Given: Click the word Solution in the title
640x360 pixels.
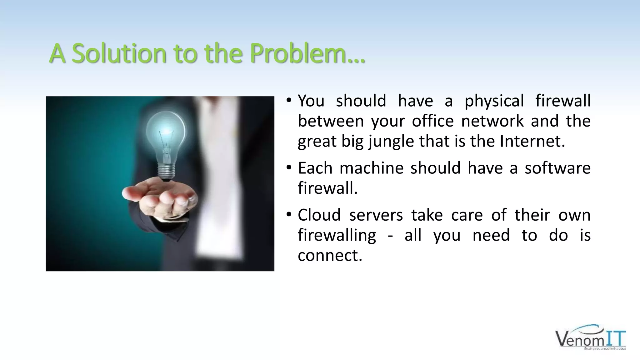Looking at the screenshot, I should pos(119,53).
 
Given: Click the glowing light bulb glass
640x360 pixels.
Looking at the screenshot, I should pos(166,131).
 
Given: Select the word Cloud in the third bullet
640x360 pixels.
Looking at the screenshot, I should pos(319,215).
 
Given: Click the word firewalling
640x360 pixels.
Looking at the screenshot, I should pos(337,235).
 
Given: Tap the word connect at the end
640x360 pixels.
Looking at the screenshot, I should pos(330,255).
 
